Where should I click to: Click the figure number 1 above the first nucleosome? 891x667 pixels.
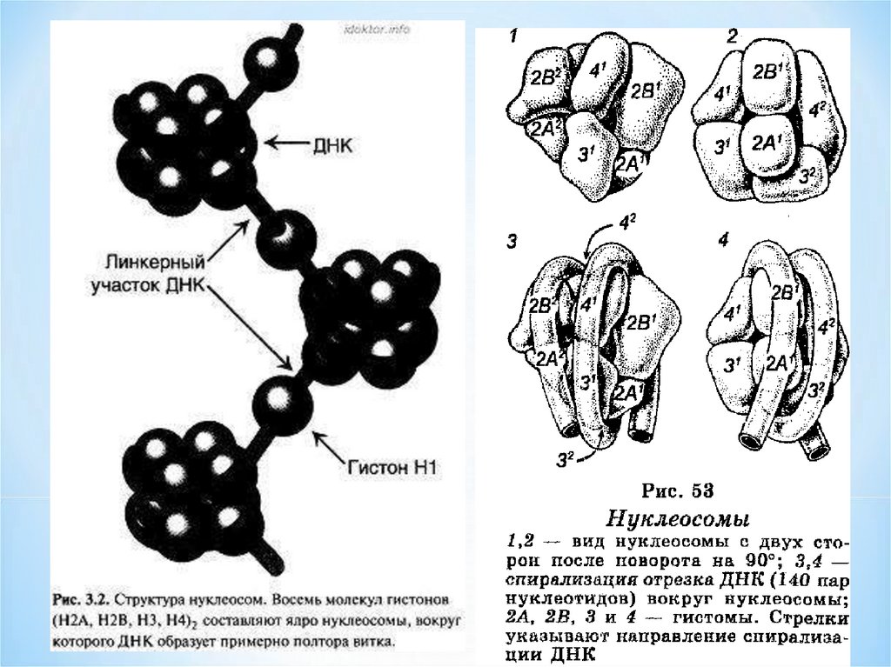tap(514, 37)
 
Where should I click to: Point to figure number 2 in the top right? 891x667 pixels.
tap(733, 37)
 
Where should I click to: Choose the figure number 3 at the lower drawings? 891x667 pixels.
tap(512, 242)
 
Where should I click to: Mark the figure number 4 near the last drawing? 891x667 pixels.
tap(723, 238)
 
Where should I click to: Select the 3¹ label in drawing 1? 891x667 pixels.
tap(587, 156)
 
